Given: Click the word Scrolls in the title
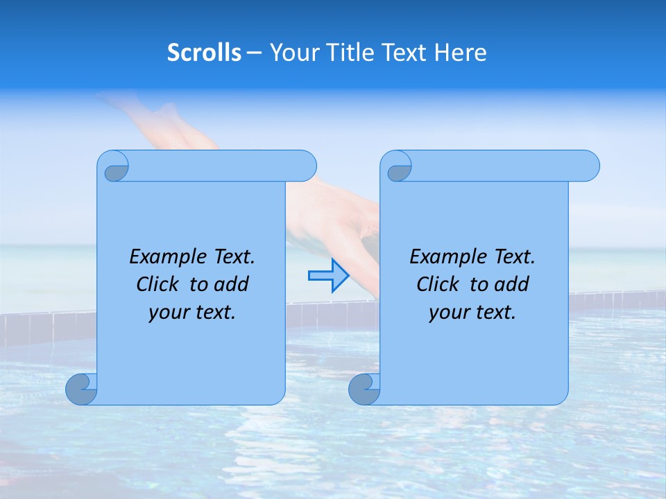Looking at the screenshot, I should tap(204, 53).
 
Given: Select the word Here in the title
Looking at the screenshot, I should tap(460, 53).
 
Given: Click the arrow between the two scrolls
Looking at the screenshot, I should tap(328, 276).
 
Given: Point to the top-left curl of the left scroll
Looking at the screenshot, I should tap(113, 167).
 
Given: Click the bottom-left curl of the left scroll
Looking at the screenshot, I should tap(81, 389).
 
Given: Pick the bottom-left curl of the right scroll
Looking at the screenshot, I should tap(364, 389).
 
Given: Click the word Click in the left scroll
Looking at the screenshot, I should tap(156, 284).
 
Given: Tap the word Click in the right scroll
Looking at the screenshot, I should tap(436, 284).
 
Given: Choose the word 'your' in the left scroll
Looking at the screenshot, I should tap(169, 313).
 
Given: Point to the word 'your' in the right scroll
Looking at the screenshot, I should tap(449, 313).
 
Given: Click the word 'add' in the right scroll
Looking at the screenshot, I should tap(512, 284).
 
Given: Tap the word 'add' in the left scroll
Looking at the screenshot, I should tap(232, 284).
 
